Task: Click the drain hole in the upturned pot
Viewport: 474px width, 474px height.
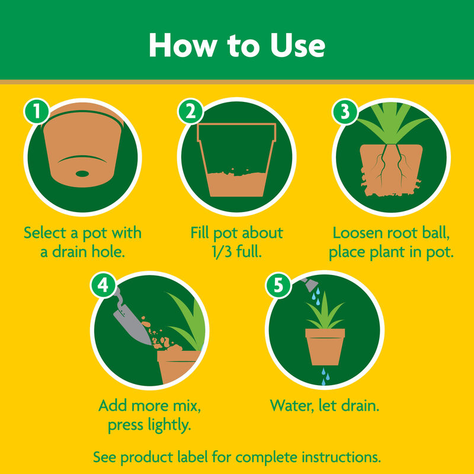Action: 82,174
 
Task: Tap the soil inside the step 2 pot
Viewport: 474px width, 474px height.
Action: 236,184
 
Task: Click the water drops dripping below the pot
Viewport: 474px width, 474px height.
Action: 324,377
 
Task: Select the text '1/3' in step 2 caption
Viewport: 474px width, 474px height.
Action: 220,251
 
